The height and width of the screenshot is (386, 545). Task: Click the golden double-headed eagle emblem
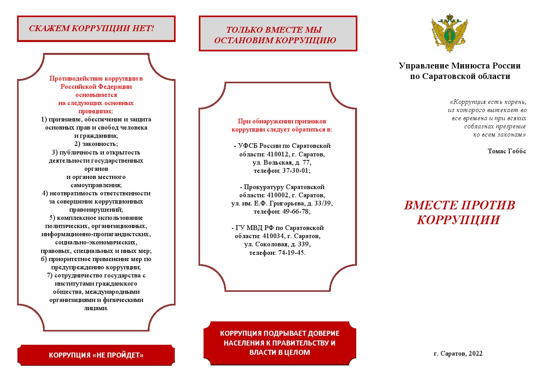[x=449, y=33]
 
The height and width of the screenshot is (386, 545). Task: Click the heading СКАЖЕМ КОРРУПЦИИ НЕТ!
[x=92, y=28]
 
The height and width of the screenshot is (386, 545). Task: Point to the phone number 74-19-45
[x=291, y=253]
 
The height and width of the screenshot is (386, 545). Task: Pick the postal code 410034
[x=273, y=236]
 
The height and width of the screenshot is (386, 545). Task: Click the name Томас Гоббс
[x=507, y=151]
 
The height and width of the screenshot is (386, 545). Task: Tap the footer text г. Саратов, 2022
[x=458, y=354]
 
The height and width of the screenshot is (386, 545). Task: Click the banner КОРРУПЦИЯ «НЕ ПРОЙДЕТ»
[x=96, y=355]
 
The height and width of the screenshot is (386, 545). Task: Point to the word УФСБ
[x=247, y=146]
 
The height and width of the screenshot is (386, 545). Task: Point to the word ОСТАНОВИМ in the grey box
[x=244, y=40]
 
